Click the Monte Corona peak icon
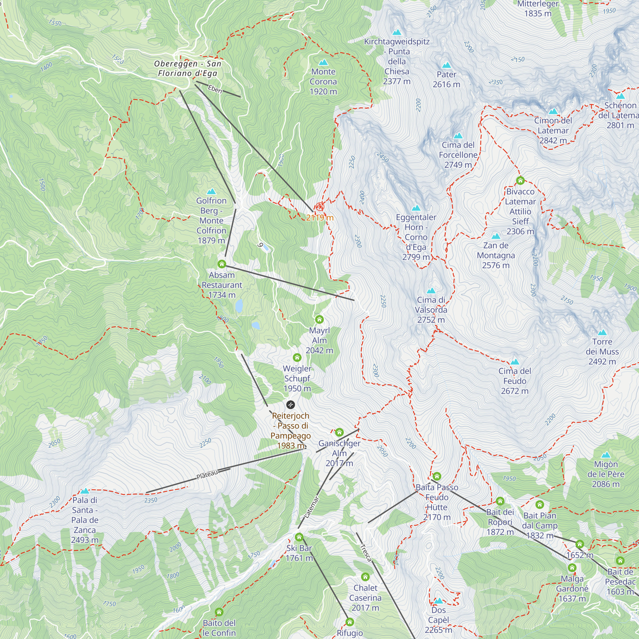[323, 62]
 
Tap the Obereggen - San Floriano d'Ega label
[188, 68]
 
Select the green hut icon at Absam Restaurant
[222, 264]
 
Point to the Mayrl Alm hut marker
[319, 319]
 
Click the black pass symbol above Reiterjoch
[290, 404]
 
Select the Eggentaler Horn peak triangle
[416, 208]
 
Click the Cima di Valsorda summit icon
[431, 291]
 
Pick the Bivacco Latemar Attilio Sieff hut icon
[520, 181]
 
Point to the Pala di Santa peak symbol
[85, 491]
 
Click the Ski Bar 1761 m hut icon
[299, 537]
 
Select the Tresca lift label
[366, 553]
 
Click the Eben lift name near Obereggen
[215, 89]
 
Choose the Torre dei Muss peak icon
[602, 332]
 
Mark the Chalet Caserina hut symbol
[365, 577]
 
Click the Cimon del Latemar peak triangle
[553, 111]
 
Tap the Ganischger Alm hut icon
[339, 432]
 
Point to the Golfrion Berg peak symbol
[211, 191]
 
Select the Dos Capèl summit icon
[439, 601]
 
